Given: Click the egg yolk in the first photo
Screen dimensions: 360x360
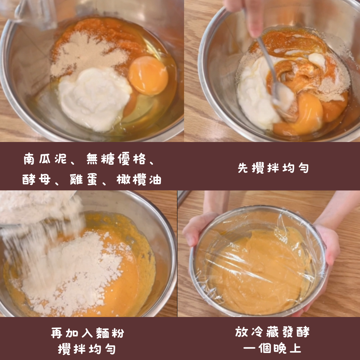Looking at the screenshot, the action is [x=148, y=76].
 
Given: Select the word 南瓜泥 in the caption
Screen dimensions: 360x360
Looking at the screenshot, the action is [x=45, y=159].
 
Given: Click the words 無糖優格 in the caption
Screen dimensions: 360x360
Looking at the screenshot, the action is [x=116, y=159].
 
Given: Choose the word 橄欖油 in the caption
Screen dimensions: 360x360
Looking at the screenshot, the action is [x=139, y=179].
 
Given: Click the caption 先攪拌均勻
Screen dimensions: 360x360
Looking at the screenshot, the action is [x=273, y=168].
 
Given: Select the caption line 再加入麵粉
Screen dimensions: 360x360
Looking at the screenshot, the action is [x=87, y=333].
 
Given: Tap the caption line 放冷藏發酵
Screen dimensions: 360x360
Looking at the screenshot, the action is [x=272, y=332].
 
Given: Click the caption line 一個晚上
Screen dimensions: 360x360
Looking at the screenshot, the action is [x=272, y=348].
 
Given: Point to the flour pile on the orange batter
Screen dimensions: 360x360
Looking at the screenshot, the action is [x=69, y=271].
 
